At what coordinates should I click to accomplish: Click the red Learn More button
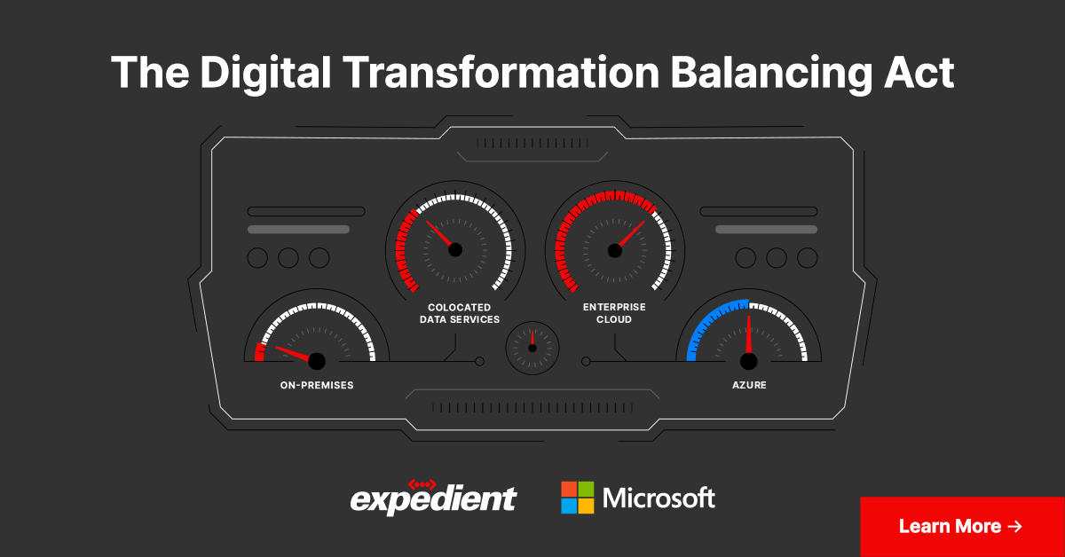(962, 526)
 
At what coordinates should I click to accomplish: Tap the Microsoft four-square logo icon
(577, 498)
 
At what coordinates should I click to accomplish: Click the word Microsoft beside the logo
(659, 498)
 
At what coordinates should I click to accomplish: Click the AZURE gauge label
(749, 386)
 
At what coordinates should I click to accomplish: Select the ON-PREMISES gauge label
(317, 386)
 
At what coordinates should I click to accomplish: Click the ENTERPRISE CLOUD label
(614, 313)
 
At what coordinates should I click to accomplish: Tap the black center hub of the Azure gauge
(749, 361)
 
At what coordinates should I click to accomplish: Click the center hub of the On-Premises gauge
(317, 361)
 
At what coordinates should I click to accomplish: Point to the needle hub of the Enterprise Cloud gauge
(615, 250)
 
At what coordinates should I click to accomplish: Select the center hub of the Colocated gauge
(455, 250)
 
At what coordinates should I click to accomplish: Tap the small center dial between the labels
(532, 347)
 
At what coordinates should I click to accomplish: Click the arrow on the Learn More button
(1015, 526)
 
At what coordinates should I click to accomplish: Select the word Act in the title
(922, 73)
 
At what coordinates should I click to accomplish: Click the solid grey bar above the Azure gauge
(766, 229)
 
